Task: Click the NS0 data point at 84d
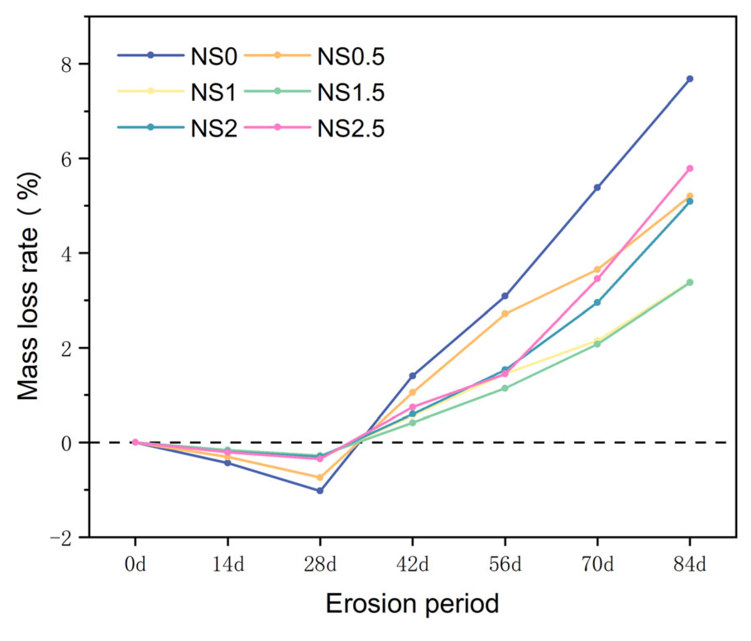click(x=689, y=79)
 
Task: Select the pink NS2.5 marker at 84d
click(x=689, y=168)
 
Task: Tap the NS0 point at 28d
click(x=320, y=490)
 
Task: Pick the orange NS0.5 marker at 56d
click(x=505, y=314)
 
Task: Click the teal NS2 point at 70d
click(x=597, y=302)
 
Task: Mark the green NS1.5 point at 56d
click(x=505, y=388)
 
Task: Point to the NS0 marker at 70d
click(x=597, y=187)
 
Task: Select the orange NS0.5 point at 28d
click(x=320, y=478)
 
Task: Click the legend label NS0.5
click(x=351, y=57)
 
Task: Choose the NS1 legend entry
click(x=213, y=92)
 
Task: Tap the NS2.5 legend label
click(x=351, y=128)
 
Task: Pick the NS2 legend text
click(x=213, y=128)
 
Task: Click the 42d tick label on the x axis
click(x=412, y=564)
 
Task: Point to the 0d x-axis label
click(x=135, y=564)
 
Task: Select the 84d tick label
click(x=689, y=564)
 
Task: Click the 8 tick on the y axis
click(x=67, y=65)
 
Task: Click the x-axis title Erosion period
click(x=412, y=604)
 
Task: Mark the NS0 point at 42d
click(x=412, y=376)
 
